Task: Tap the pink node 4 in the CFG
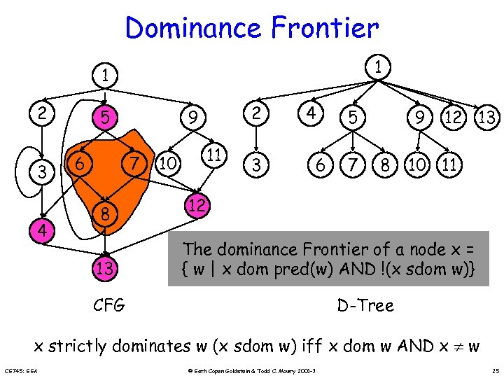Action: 43,229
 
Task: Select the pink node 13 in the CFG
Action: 104,267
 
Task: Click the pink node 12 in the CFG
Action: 197,204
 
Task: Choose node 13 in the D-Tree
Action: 487,118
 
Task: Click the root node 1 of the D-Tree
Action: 379,67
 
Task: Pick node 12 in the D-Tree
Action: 453,118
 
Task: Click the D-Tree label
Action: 365,305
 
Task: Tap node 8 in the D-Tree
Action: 384,166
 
